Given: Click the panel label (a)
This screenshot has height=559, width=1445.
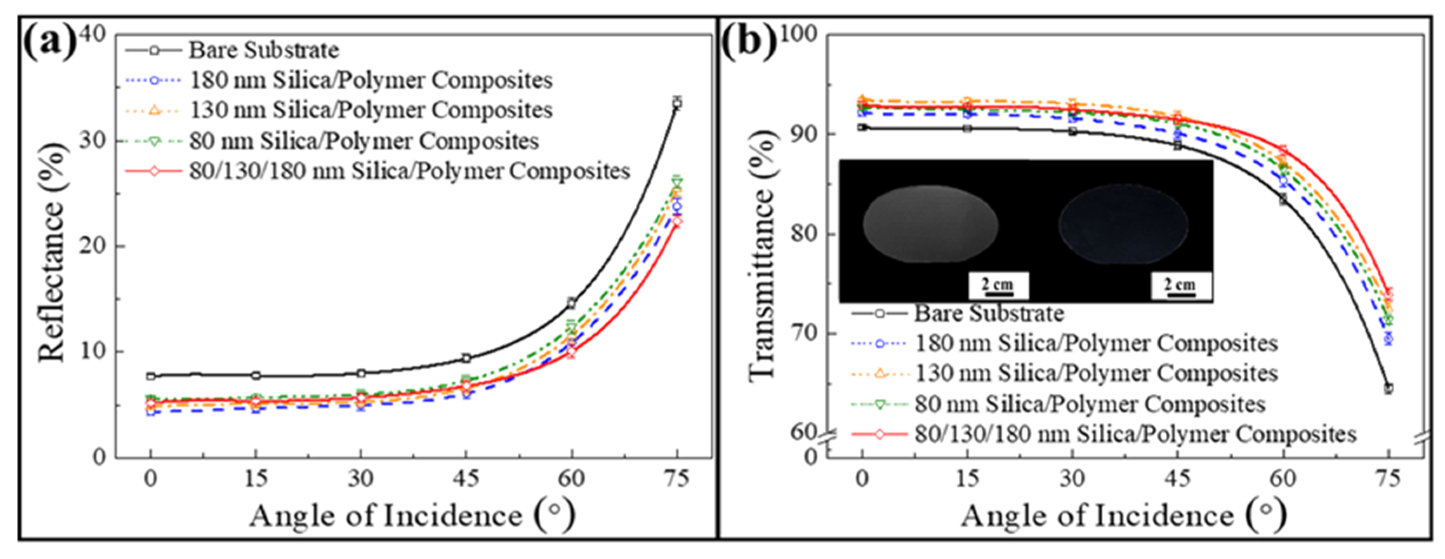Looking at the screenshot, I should [x=50, y=42].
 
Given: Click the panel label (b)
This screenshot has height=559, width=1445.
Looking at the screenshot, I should [x=748, y=42].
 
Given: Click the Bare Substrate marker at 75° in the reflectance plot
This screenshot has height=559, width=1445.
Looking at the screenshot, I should [x=677, y=103].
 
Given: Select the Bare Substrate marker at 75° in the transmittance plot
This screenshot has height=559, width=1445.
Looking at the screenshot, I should [x=1389, y=388].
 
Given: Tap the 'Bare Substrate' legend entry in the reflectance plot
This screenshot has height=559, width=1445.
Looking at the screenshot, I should [x=263, y=50].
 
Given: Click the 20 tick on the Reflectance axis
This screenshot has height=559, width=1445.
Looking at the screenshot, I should [x=93, y=246].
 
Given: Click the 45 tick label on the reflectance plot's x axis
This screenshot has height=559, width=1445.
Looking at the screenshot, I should [x=466, y=479].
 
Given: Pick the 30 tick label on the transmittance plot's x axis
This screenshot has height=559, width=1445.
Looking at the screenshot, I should [x=1072, y=479].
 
